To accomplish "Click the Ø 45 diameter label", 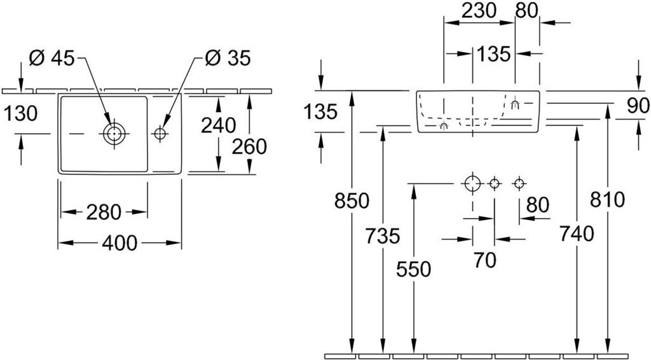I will [x=52, y=59].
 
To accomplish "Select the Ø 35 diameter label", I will [x=228, y=59].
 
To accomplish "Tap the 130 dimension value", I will [x=20, y=113].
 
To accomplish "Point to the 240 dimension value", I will [x=218, y=125].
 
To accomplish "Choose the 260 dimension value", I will [x=249, y=147].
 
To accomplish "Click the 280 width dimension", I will [x=104, y=211].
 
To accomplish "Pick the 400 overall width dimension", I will [x=120, y=242].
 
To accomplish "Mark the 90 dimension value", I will [x=638, y=106].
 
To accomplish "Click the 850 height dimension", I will [x=352, y=201].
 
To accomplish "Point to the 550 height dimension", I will [x=413, y=269].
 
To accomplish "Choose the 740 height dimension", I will [x=576, y=233].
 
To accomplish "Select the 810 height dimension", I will [x=607, y=200].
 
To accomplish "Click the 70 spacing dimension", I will [x=484, y=259].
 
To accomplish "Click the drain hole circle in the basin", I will [x=114, y=134].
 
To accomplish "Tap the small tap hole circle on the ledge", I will [x=159, y=134].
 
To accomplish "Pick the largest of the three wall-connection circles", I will [x=472, y=184].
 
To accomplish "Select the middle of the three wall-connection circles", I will [x=494, y=184].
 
